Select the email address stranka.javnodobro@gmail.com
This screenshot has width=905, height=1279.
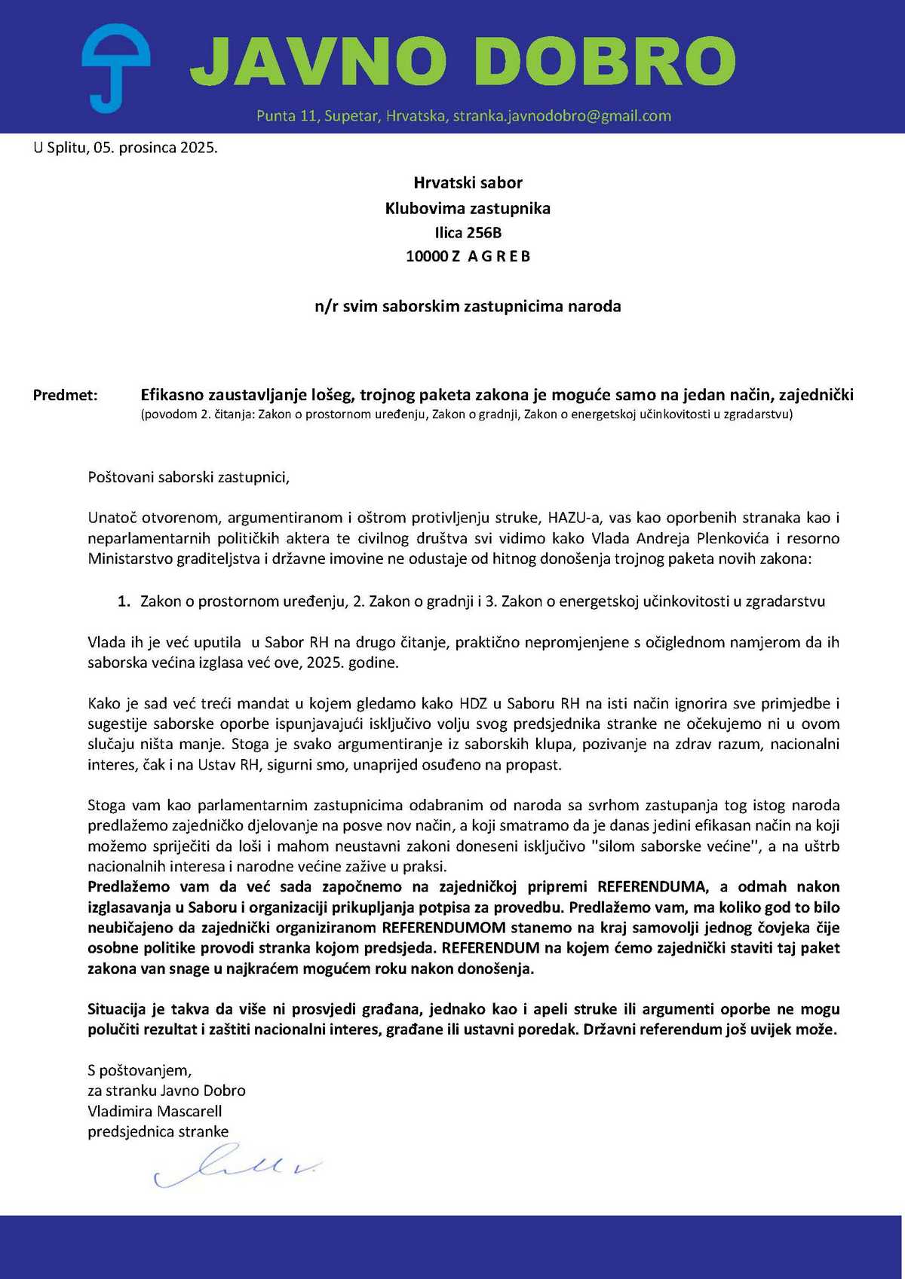pos(562,116)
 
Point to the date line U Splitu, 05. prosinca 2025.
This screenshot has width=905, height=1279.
pos(125,148)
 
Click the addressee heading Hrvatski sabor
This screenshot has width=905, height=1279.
pos(468,182)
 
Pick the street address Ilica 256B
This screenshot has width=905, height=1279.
pos(468,233)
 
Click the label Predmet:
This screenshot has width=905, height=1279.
pos(66,395)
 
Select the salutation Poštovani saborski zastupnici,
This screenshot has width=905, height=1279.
pos(189,477)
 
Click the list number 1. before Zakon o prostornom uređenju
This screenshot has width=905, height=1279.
pos(124,601)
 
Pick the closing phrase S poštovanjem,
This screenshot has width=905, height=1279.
pos(140,1070)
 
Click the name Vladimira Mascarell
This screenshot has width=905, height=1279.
pos(155,1111)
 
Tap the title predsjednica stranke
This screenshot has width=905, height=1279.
pos(158,1131)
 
